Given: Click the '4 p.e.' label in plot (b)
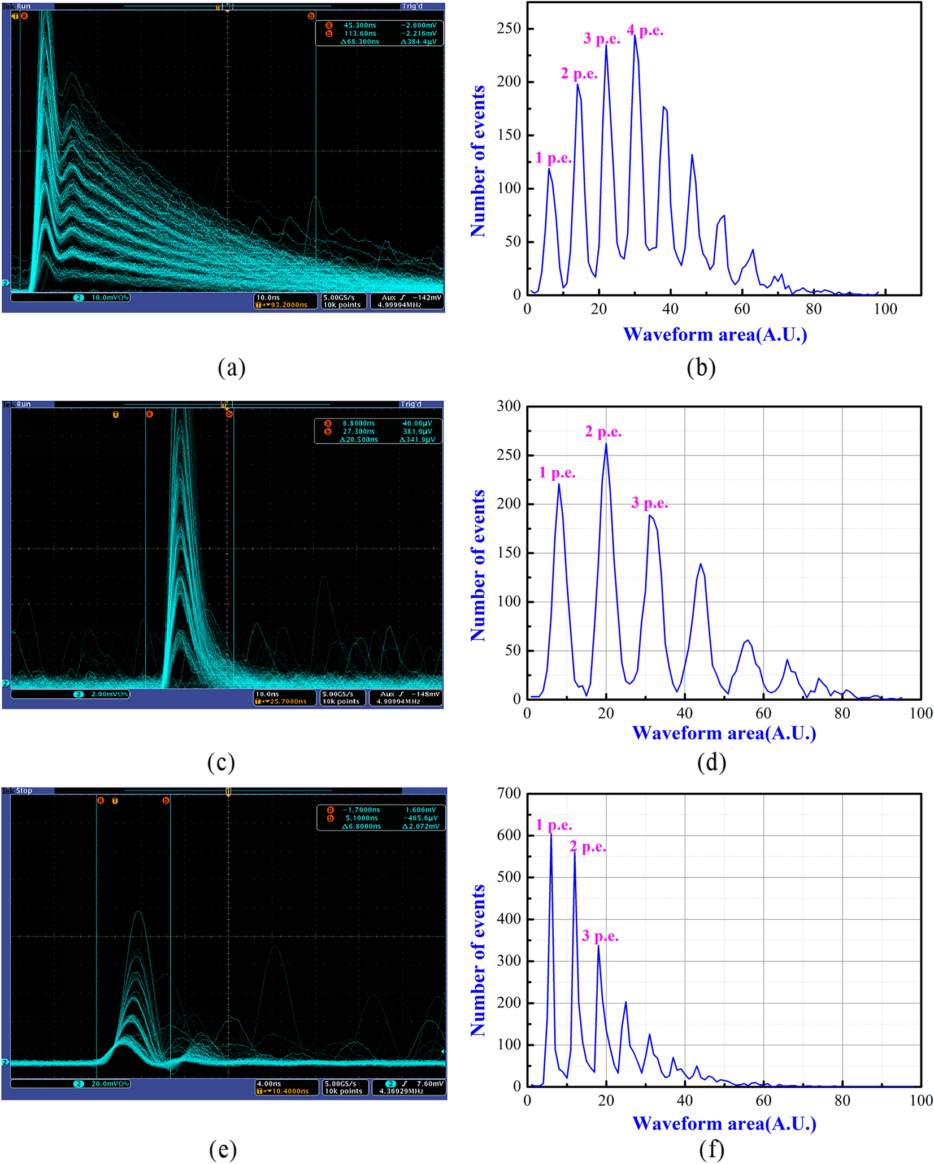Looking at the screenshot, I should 645,31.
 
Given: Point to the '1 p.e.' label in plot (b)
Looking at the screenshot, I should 553,158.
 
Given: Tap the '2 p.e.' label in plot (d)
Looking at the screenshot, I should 603,432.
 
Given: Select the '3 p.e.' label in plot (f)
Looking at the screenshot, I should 600,936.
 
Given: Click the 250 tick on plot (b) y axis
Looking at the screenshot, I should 509,28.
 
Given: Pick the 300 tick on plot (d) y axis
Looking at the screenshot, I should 509,406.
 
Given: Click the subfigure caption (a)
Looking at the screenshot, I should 231,367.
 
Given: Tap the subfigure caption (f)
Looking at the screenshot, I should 711,1149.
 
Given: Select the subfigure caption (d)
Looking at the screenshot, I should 711,762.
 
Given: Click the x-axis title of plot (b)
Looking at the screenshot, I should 715,335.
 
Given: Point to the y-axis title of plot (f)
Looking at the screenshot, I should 478,960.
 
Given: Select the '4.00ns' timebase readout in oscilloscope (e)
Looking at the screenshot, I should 269,1084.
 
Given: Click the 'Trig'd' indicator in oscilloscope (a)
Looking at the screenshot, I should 412,6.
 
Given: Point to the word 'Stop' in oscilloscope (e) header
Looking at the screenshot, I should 24,791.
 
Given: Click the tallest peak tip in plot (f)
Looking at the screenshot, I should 551,832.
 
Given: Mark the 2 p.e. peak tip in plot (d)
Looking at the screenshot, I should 606,444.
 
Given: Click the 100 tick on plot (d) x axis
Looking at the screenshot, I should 920,714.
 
